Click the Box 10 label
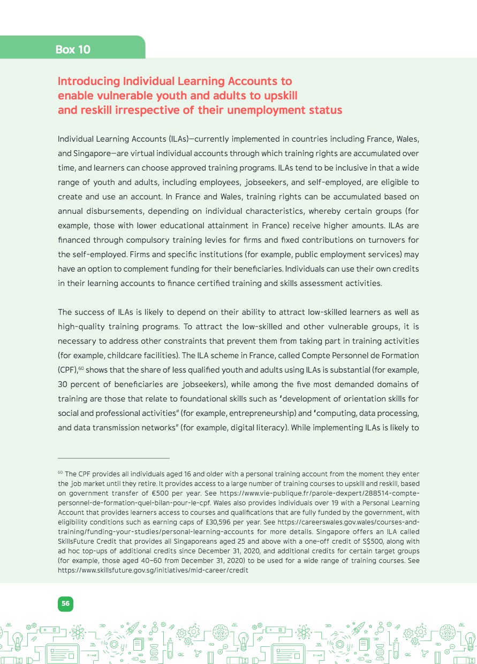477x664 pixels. pos(73,50)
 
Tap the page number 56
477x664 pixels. pos(65,603)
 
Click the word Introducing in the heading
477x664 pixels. pos(88,81)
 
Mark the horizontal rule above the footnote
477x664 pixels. pos(113,458)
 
